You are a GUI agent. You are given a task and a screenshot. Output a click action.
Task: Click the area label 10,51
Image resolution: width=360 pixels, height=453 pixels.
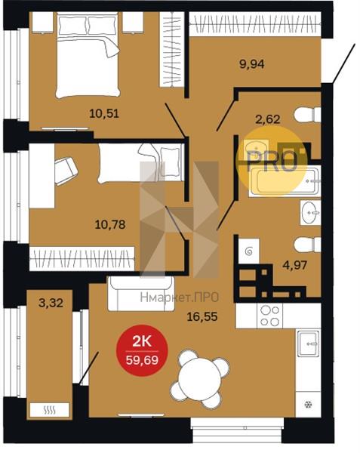(x=104, y=113)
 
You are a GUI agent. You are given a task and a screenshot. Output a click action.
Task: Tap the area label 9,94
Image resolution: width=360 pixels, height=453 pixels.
(x=252, y=64)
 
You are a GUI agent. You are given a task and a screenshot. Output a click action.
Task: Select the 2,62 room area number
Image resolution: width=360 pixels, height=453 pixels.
(x=268, y=119)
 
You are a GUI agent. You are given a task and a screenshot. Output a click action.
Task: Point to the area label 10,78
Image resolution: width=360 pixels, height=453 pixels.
(x=110, y=224)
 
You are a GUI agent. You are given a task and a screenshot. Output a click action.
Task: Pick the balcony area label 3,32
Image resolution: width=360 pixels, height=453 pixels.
(x=51, y=303)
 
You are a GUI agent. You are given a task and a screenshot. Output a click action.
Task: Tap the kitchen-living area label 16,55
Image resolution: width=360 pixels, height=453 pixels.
(x=202, y=317)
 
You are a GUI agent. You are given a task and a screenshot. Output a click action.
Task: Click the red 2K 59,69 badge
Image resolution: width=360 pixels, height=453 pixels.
(x=142, y=351)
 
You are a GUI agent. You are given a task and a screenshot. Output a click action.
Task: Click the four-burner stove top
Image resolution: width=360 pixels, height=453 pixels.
(x=270, y=316)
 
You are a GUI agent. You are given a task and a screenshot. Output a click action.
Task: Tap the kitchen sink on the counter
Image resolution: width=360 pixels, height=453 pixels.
(x=309, y=344)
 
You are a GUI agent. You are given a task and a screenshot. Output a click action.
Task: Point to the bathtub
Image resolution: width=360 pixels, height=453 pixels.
(x=285, y=181)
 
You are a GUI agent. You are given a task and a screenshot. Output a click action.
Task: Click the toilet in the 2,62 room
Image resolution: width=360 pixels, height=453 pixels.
(x=307, y=115)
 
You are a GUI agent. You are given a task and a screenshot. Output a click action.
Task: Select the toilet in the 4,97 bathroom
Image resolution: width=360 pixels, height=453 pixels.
(x=307, y=245)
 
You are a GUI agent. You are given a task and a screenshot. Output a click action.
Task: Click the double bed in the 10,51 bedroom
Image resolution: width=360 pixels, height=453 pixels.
(x=88, y=55)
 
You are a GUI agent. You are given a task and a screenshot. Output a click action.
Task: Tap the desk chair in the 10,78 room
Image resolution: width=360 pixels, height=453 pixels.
(x=66, y=171)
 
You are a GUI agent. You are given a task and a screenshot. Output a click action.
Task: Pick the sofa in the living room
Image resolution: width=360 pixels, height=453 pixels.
(x=141, y=294)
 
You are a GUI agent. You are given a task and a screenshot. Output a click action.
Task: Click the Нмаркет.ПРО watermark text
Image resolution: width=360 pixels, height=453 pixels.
(x=180, y=297)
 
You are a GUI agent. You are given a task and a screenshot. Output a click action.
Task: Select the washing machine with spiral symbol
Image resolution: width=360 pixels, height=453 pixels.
(x=248, y=251)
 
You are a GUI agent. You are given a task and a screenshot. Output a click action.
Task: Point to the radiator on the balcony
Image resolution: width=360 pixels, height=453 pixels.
(x=50, y=410)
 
